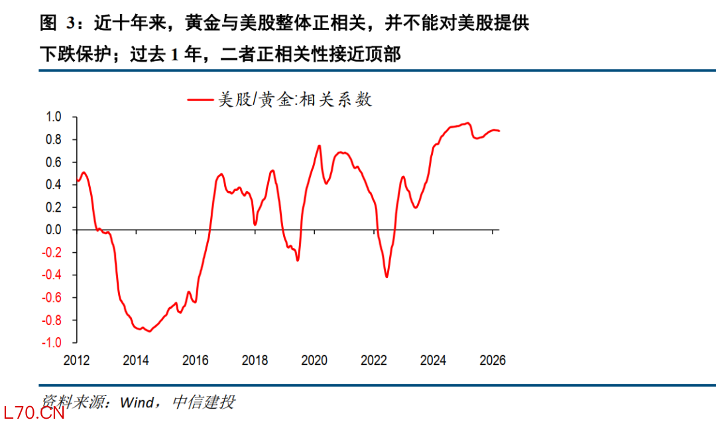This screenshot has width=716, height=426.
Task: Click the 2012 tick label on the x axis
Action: [x=77, y=360]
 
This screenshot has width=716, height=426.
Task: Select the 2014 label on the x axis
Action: [x=136, y=360]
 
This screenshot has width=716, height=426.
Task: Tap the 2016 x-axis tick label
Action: [x=196, y=360]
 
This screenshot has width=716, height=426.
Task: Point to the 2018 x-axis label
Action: [x=255, y=360]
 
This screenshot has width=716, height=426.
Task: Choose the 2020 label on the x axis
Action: [x=314, y=360]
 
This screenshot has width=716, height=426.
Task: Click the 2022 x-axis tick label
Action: [x=374, y=360]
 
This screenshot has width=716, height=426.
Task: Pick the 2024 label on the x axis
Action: [x=433, y=360]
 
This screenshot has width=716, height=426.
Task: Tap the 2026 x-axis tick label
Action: [x=493, y=360]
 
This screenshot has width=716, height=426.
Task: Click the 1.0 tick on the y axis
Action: [x=54, y=117]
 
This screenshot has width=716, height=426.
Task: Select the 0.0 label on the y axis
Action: [x=54, y=230]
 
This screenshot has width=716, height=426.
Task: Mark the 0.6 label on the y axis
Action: [x=54, y=162]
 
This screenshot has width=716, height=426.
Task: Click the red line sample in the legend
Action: [x=202, y=100]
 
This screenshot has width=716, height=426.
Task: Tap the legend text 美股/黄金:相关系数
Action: [x=295, y=100]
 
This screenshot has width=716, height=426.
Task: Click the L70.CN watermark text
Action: [x=33, y=415]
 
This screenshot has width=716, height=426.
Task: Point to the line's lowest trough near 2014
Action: [x=149, y=330]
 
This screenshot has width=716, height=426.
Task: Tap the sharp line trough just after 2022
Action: [x=387, y=277]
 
